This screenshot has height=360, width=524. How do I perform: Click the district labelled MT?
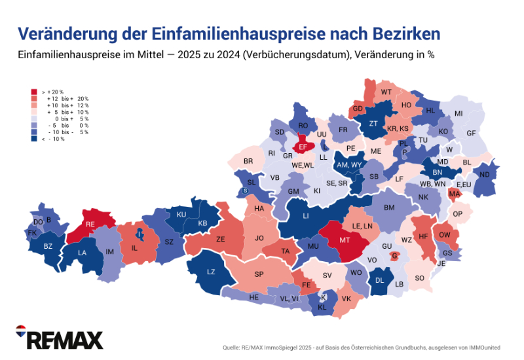point(347,240)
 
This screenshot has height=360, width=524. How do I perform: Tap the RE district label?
point(90,224)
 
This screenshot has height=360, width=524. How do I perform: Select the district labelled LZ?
point(211,272)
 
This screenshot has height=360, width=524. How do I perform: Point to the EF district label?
point(303,147)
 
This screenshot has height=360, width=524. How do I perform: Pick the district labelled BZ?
point(48,246)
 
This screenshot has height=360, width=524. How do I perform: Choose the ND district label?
point(484,174)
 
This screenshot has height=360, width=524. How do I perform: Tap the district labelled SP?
point(259,274)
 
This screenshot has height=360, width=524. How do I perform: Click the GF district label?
point(471,133)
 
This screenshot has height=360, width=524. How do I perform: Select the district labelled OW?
point(444,235)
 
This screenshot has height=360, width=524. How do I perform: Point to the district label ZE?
point(221,240)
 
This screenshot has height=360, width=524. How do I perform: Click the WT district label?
point(386,92)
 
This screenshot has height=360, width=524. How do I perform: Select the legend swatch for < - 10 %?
point(34,139)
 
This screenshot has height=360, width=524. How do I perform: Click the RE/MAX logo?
point(60,338)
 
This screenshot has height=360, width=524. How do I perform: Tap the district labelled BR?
point(248,161)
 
